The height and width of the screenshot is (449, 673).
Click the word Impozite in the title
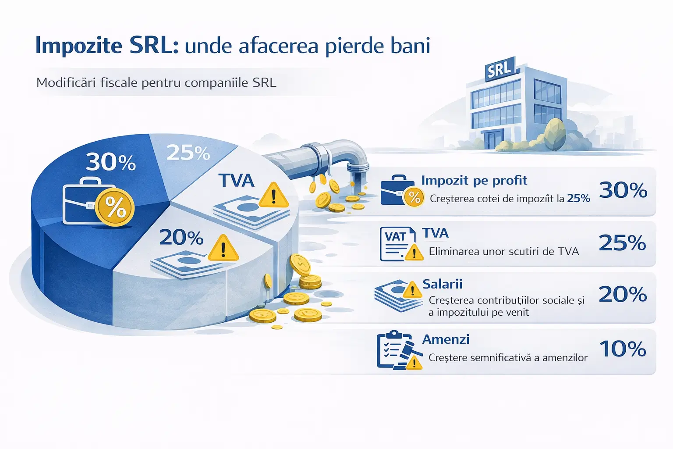click(78, 46)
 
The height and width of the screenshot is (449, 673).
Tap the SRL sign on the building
click(499, 70)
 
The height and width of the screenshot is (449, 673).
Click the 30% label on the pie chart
click(111, 162)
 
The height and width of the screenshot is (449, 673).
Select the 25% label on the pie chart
click(188, 153)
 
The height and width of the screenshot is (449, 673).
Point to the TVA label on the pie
click(236, 181)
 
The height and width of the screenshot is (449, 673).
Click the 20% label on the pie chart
click(181, 238)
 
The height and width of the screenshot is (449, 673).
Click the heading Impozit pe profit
click(474, 180)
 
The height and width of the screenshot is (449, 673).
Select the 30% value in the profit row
click(623, 190)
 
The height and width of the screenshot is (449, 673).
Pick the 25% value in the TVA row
click(622, 242)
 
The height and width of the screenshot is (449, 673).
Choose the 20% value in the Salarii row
click(623, 294)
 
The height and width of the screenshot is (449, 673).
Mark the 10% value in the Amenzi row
click(623, 349)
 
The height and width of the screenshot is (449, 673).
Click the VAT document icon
click(397, 244)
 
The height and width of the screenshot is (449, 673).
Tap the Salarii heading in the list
click(443, 284)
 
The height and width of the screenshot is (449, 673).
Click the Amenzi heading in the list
click(446, 339)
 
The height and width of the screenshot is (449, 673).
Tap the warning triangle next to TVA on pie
click(274, 196)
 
